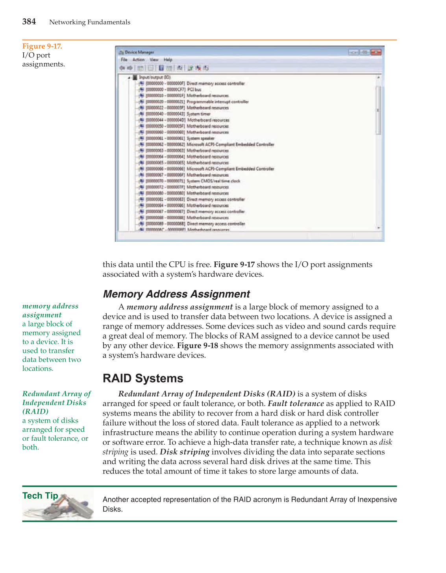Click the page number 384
point(29,22)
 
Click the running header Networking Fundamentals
point(90,22)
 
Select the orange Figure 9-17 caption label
point(42,46)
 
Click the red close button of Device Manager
point(376,52)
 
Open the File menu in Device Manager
point(124,60)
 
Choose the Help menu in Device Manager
point(168,60)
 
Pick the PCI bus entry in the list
point(194,90)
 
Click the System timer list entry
point(198,114)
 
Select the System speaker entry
point(200,139)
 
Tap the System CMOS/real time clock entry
point(213,181)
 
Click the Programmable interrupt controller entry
point(217,102)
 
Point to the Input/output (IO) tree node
point(155,78)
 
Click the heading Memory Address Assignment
point(176,294)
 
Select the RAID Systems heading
point(143,378)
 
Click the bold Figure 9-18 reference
point(198,346)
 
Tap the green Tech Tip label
point(40,496)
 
